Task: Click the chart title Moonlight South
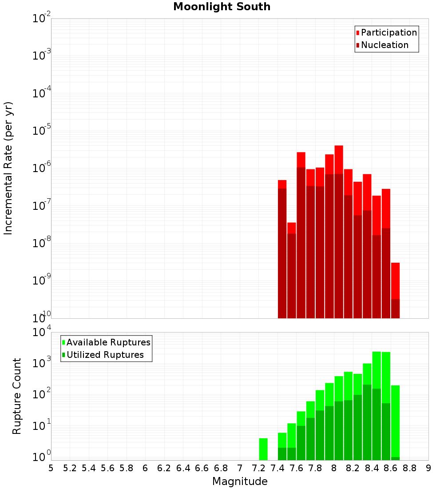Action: click(222, 7)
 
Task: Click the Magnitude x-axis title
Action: click(240, 481)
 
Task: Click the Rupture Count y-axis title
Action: click(17, 396)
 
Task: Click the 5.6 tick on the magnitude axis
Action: click(107, 468)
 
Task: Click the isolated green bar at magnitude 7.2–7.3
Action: click(263, 449)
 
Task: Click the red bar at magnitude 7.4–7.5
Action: click(282, 249)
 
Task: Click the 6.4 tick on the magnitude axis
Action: click(183, 468)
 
